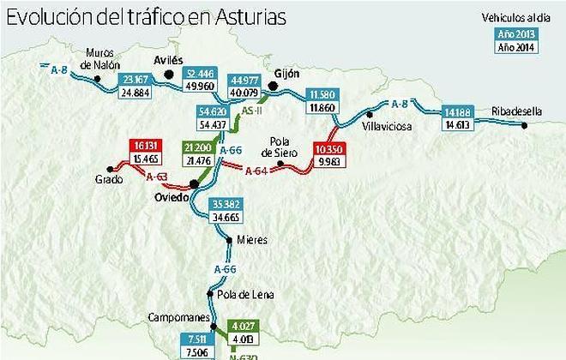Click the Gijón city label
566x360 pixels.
point(286,74)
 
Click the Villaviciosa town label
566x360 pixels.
point(387,126)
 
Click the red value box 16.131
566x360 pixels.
point(142,147)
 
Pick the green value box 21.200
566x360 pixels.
point(198,147)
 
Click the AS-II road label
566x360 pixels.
point(252,111)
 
